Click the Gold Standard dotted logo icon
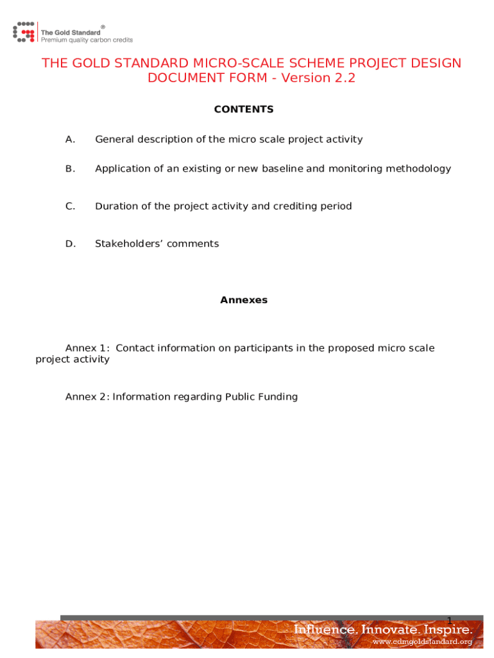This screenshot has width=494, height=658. pos(24,31)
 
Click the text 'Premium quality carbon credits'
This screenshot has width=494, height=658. pos(87,40)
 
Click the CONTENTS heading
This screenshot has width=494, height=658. pos(244,109)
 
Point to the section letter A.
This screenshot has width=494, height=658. pos(70,139)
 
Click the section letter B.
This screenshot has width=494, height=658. pos(70,169)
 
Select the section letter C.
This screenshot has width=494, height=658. pos(70,206)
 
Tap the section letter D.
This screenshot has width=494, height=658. pos(70,244)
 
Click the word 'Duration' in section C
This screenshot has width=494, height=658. pos(115,206)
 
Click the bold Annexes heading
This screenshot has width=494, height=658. pos(244,300)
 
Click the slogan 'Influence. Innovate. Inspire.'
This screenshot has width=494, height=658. pos(383,630)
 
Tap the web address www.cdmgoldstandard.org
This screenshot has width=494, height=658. pos(422,641)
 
